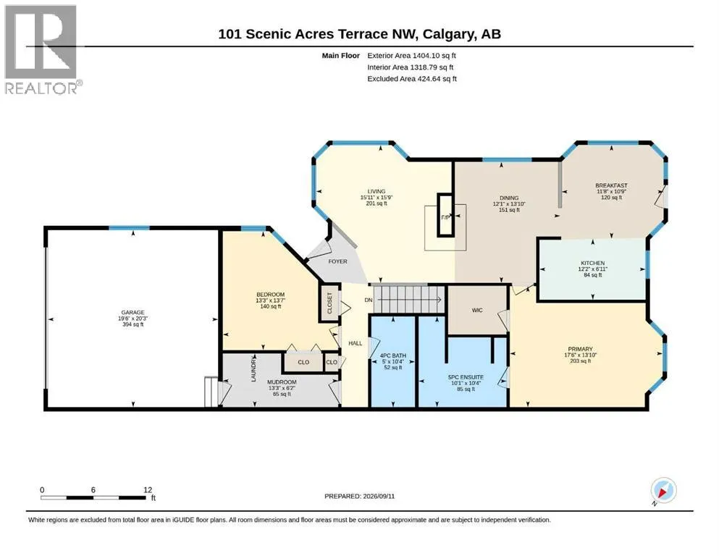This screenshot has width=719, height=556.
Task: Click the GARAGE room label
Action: pos(133,312)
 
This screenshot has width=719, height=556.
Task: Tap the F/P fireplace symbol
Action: pos(445,216)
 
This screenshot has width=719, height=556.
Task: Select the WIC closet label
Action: pos(477,311)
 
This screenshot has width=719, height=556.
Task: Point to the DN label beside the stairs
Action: pos(369,300)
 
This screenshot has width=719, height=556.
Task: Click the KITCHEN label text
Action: pos(592,263)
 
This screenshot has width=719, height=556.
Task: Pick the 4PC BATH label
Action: pos(393,355)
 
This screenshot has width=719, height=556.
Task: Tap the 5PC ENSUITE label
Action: pos(466,377)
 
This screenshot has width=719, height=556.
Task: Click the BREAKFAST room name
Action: pos(611,185)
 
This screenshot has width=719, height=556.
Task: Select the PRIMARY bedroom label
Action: pos(580,349)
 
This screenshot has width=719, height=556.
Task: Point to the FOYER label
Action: pos(337,261)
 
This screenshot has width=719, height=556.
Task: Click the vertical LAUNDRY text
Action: pos(253,368)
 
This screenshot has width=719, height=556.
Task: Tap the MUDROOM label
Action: pos(282,382)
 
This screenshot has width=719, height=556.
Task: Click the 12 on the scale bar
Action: pos(147,489)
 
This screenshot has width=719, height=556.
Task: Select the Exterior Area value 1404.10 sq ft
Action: pos(434,56)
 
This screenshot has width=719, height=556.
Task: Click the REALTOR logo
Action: pos(43,49)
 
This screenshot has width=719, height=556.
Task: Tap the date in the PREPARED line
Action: pos(379,496)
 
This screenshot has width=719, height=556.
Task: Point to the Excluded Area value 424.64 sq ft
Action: pos(437,78)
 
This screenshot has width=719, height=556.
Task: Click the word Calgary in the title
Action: pos(448,34)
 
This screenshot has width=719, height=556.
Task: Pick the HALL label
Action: pos(356,343)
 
